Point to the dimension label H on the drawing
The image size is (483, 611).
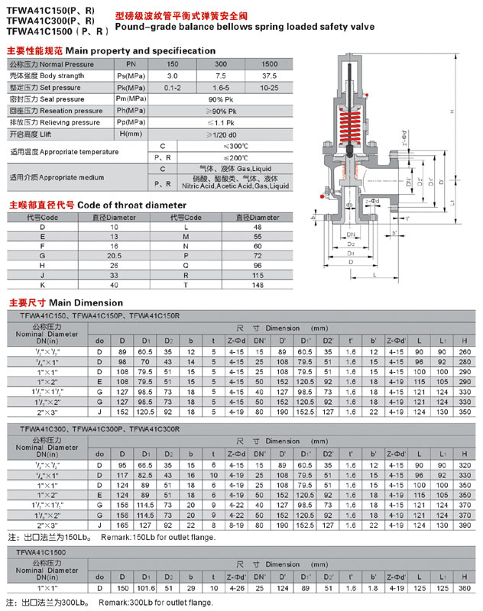pos(452,112)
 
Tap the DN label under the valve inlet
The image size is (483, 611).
pos(349,234)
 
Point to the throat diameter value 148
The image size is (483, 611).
pos(258,286)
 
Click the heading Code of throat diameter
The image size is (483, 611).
pos(131,205)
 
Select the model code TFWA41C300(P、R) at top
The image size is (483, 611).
pos(50,21)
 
